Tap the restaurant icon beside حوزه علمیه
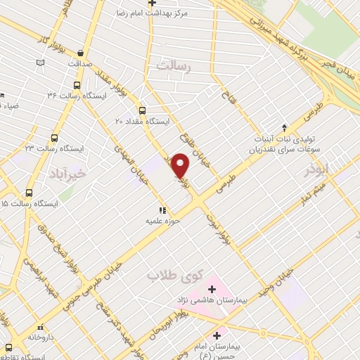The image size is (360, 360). pos(162,210)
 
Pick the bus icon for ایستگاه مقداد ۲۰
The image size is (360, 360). pos(143,110)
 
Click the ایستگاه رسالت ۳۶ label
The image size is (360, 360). pos(76,94)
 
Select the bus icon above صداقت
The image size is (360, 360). pos(81,53)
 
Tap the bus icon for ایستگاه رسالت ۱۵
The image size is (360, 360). pos(29,191)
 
